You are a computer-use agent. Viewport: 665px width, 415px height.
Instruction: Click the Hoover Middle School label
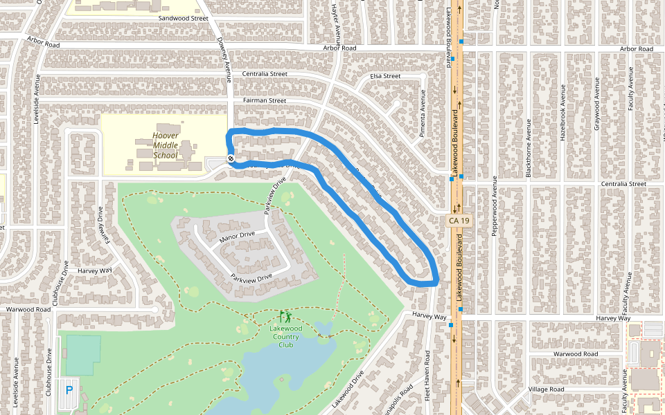(x=166, y=145)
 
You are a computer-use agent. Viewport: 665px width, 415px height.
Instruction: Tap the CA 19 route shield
(x=454, y=221)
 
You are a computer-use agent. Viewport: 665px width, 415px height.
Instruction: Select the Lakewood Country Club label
(x=285, y=336)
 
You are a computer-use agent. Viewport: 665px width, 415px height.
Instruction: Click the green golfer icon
(x=285, y=318)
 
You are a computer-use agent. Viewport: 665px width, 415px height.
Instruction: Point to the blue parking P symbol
(x=69, y=391)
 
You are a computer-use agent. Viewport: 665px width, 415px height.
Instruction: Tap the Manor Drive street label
(x=237, y=237)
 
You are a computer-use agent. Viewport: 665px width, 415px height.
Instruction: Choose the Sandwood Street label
(x=183, y=18)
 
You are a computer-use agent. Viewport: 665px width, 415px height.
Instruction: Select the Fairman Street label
(x=264, y=100)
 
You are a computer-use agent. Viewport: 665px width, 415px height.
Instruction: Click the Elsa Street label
(x=385, y=75)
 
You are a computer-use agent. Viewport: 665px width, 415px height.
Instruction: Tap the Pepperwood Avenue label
(x=495, y=206)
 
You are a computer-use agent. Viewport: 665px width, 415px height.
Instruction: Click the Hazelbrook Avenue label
(x=562, y=113)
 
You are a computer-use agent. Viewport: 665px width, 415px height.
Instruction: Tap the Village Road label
(x=547, y=389)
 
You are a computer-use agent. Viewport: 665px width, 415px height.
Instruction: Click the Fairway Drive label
(x=105, y=225)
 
